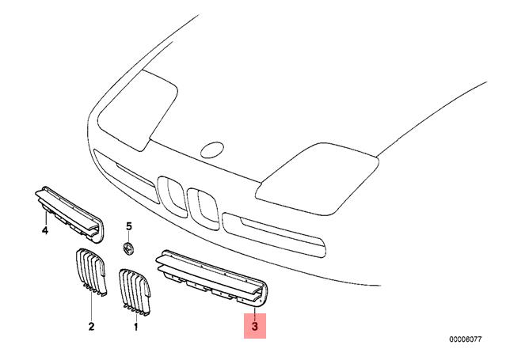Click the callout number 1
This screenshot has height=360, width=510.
pos(136,327)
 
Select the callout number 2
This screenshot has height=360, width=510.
pos(91,326)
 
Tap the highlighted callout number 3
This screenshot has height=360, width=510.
pos(255,326)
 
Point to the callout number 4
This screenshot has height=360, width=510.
pos(45,230)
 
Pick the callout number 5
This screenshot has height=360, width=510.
pos(129,226)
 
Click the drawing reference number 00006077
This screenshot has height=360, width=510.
pos(465,339)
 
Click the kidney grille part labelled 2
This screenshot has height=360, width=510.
pos(91,272)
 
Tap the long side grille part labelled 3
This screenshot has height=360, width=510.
pos(212,279)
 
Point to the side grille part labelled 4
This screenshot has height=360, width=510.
pos(69,214)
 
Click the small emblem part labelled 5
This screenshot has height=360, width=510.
pos(129,248)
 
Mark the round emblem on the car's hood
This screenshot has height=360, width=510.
pos(212,150)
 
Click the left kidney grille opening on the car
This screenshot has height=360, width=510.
pos(172,195)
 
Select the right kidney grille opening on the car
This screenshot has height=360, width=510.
pos(202,209)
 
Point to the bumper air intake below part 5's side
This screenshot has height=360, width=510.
pos(274,235)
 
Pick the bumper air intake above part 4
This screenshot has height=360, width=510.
pos(125,175)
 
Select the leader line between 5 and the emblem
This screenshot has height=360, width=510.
pos(129,237)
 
